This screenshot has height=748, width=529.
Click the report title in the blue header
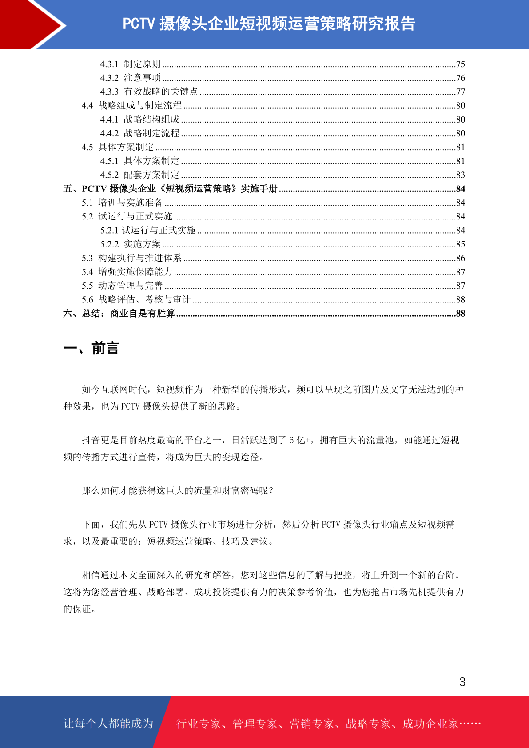269,24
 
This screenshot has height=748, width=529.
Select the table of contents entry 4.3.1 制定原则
130,64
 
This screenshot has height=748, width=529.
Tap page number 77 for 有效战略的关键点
461,92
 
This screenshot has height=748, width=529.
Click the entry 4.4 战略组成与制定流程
131,106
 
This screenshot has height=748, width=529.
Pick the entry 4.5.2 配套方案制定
139,175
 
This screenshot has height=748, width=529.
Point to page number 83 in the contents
461,175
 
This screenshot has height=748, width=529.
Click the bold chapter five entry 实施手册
171,189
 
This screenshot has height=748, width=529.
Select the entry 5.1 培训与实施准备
122,203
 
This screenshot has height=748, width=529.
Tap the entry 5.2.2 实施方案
130,244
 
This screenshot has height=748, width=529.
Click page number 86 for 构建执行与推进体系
461,258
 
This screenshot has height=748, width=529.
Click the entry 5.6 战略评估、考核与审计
136,300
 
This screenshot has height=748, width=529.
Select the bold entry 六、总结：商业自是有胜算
119,314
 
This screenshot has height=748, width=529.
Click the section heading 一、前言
91,348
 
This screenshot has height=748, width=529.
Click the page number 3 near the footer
462,682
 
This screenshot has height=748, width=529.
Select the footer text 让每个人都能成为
108,724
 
